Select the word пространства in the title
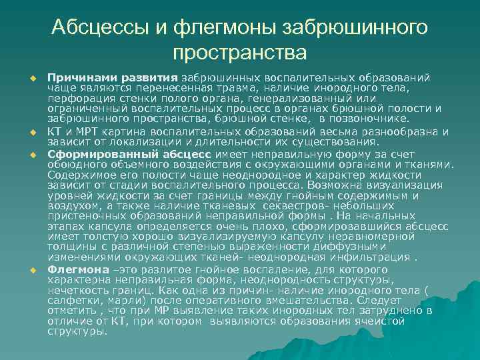pos(240,52)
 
